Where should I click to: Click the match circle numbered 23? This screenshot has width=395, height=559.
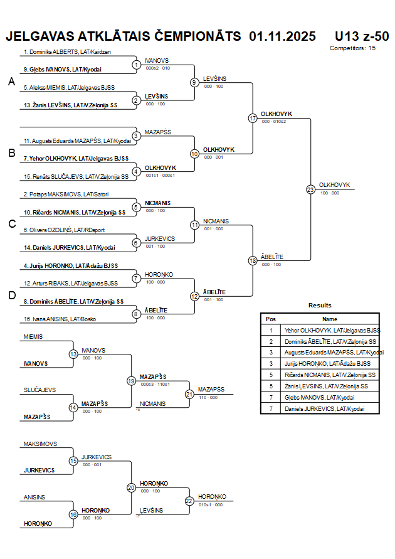point(310,189)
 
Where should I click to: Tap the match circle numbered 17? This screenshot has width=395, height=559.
point(253,118)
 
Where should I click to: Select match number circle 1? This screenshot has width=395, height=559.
point(137,65)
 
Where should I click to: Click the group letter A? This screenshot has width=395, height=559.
point(11,82)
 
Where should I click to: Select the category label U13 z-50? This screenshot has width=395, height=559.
point(362,36)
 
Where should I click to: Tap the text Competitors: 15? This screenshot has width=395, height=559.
point(352,48)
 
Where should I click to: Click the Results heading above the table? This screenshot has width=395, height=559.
point(320,305)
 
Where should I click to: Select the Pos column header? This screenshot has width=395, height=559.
point(271,319)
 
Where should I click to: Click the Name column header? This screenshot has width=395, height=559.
point(329,319)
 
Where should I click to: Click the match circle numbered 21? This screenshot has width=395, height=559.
point(189,394)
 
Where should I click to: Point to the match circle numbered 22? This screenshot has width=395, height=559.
point(189,501)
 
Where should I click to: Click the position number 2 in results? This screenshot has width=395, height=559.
point(271,341)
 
